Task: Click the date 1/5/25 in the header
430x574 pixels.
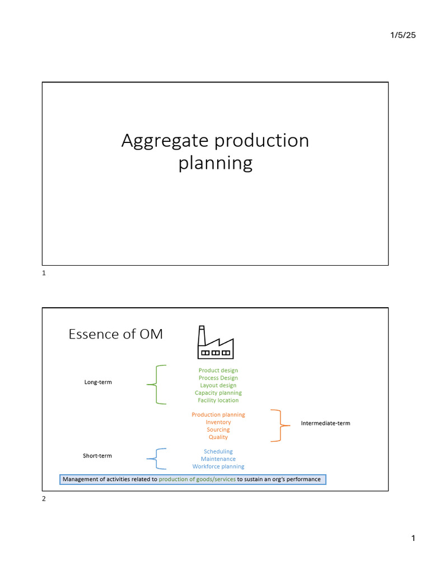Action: tap(403, 35)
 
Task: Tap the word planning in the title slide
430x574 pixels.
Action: tap(216, 163)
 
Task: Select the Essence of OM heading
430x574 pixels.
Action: tap(116, 334)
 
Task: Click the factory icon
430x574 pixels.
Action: tap(215, 342)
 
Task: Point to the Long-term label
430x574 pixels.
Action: tap(98, 382)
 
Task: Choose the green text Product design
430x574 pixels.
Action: tap(218, 371)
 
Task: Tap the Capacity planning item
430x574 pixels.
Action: tap(218, 393)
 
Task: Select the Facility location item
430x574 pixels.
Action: tap(218, 400)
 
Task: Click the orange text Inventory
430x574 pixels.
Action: tap(218, 422)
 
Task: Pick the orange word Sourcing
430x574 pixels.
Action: tap(218, 430)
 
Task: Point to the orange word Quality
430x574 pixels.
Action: tap(218, 437)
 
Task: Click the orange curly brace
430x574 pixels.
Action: tap(280, 425)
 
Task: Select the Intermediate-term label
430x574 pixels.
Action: tap(325, 423)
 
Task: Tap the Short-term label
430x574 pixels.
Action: tap(97, 456)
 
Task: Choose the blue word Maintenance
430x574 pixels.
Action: tap(218, 459)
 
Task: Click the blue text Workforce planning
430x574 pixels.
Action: tap(218, 466)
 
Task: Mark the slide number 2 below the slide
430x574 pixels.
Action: tap(44, 499)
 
